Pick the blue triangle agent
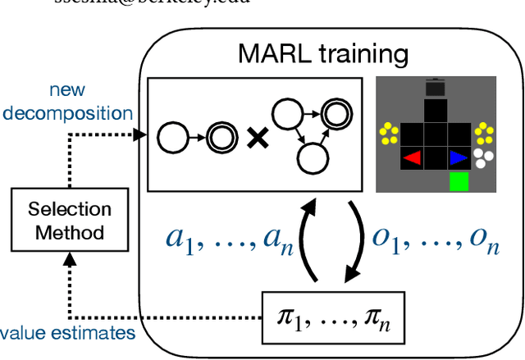tap(457, 157)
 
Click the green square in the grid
tap(459, 181)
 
